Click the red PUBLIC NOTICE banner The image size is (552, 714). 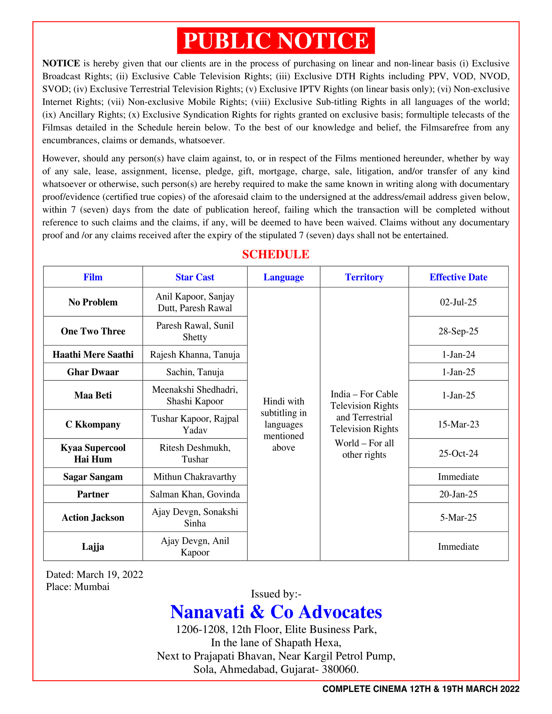tap(276, 41)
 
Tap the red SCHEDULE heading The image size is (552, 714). tap(276, 254)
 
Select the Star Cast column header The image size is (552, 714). tap(194, 277)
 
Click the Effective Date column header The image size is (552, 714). tap(458, 277)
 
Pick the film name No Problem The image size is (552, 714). tap(93, 302)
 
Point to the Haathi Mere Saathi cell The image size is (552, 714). tap(93, 354)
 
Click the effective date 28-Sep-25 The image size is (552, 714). tap(458, 331)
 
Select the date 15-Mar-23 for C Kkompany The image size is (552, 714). tap(458, 425)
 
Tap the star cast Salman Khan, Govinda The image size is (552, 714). tap(194, 494)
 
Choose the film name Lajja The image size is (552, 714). tap(93, 547)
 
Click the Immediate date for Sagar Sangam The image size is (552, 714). tap(458, 477)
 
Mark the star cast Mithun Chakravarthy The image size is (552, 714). tap(194, 477)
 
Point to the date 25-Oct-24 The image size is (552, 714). tap(458, 453)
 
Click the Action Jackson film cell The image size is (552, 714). tap(93, 518)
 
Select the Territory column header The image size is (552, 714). tap(364, 277)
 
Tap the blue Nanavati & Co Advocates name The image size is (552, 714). tap(276, 612)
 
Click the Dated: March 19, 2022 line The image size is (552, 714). tap(94, 574)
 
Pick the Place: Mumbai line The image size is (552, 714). tap(78, 587)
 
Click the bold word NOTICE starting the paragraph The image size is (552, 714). tap(61, 63)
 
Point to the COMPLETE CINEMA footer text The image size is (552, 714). tap(420, 689)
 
